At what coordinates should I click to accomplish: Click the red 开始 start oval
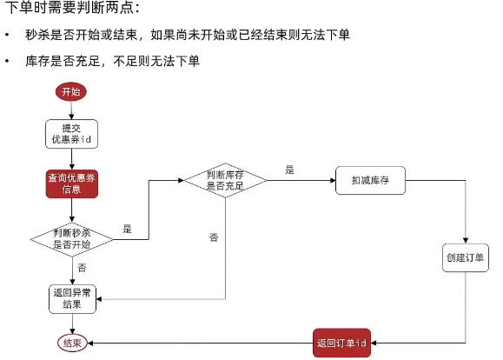pyautogui.click(x=71, y=91)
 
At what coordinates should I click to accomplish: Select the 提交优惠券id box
pyautogui.click(x=71, y=134)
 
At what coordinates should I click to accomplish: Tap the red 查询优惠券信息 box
pyautogui.click(x=72, y=183)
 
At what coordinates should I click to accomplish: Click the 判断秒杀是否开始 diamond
pyautogui.click(x=72, y=239)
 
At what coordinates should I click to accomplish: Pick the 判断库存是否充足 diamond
pyautogui.click(x=225, y=180)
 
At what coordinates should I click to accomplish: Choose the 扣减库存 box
pyautogui.click(x=370, y=180)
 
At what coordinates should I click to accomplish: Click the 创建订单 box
pyautogui.click(x=465, y=257)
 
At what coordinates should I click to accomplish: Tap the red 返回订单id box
pyautogui.click(x=341, y=343)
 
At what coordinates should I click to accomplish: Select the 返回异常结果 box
pyautogui.click(x=72, y=298)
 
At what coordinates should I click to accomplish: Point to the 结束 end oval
pyautogui.click(x=72, y=343)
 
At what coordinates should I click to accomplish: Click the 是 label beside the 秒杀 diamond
pyautogui.click(x=128, y=229)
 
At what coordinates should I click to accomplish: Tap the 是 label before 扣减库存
pyautogui.click(x=289, y=170)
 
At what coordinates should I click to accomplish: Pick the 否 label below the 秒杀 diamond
pyautogui.click(x=82, y=268)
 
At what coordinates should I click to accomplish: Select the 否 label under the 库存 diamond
pyautogui.click(x=214, y=237)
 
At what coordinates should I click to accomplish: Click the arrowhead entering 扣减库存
pyautogui.click(x=333, y=180)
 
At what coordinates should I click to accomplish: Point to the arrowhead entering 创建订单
pyautogui.click(x=466, y=241)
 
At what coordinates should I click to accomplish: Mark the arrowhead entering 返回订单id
pyautogui.click(x=374, y=343)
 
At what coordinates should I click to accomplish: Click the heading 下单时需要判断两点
pyautogui.click(x=72, y=8)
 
